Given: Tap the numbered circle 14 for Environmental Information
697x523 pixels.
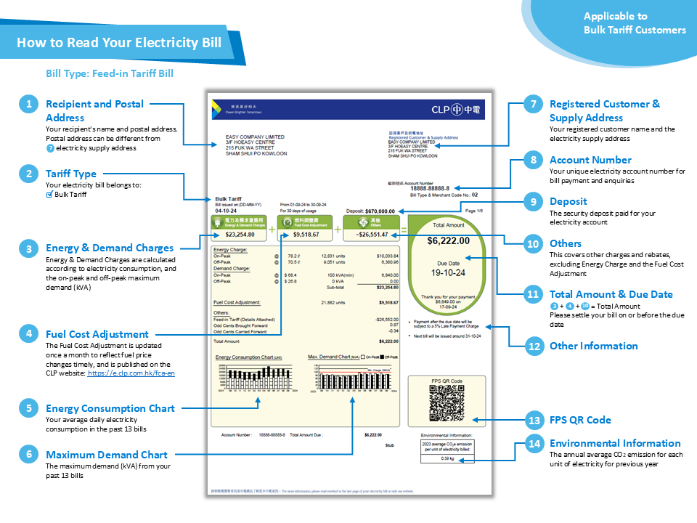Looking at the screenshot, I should coord(534,444).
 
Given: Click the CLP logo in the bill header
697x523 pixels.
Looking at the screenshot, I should coord(455,110).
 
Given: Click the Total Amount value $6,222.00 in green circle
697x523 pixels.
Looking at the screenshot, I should coord(448,240).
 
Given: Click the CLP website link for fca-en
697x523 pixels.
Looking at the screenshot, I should coord(131,373).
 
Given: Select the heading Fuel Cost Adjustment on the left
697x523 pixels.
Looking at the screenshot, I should coord(97,334).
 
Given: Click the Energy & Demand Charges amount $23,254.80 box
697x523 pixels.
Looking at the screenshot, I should coord(239,235).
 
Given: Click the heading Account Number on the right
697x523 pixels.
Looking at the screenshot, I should coord(590,160).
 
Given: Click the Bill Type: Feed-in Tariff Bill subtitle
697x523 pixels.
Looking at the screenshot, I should coord(110,74).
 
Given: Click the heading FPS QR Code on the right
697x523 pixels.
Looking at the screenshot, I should coord(580,420).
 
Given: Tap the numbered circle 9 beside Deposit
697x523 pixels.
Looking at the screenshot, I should coord(534,201).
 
